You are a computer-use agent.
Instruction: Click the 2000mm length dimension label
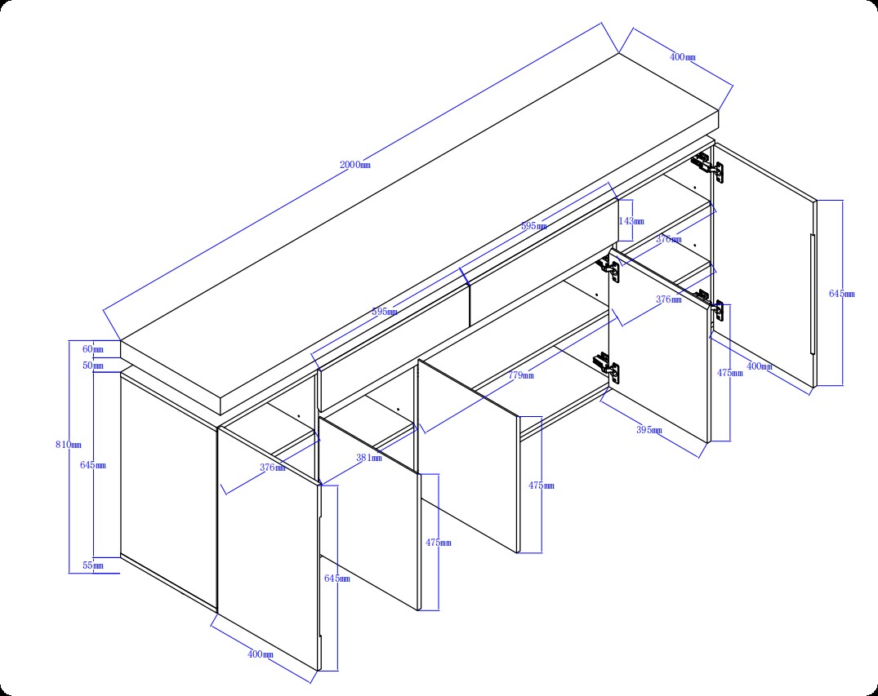pyautogui.click(x=355, y=165)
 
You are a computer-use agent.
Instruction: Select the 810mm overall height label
pyautogui.click(x=69, y=445)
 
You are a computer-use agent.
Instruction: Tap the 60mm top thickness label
pyautogui.click(x=93, y=349)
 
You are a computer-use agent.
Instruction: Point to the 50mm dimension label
pyautogui.click(x=93, y=366)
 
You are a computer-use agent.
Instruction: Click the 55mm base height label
pyautogui.click(x=93, y=565)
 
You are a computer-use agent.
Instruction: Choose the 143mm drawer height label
pyautogui.click(x=631, y=221)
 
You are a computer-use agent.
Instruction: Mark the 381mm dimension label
pyautogui.click(x=369, y=458)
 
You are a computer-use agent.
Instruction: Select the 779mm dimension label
pyautogui.click(x=521, y=375)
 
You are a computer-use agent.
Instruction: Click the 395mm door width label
pyautogui.click(x=649, y=430)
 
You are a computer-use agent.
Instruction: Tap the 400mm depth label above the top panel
pyautogui.click(x=683, y=56)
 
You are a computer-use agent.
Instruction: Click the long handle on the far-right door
pyautogui.click(x=813, y=294)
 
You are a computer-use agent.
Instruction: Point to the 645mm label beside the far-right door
pyautogui.click(x=841, y=294)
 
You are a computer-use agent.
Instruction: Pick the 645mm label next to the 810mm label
pyautogui.click(x=93, y=465)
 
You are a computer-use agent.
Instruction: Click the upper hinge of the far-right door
pyautogui.click(x=707, y=166)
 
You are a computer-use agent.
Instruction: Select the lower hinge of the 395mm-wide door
pyautogui.click(x=606, y=367)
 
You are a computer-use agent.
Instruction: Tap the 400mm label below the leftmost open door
pyautogui.click(x=261, y=654)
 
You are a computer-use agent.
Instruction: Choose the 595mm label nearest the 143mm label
pyautogui.click(x=534, y=226)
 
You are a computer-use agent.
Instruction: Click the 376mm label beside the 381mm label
pyautogui.click(x=273, y=468)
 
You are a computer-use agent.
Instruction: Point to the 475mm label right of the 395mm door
pyautogui.click(x=730, y=373)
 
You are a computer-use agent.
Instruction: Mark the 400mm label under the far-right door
pyautogui.click(x=760, y=366)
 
